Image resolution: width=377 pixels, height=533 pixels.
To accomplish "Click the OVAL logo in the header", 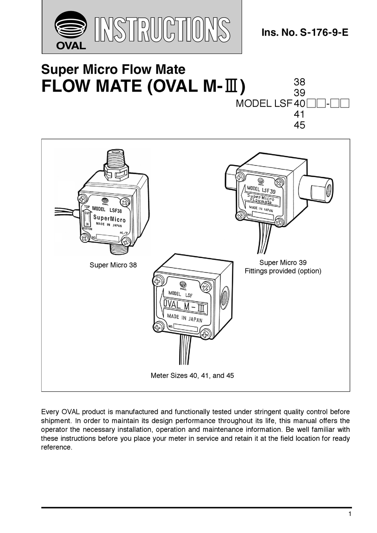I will tap(71, 30).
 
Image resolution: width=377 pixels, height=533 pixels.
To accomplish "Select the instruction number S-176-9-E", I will tap(304, 33).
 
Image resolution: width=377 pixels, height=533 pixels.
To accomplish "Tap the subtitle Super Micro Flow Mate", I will tap(113, 70).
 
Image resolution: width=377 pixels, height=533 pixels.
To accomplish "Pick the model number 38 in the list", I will tap(299, 82).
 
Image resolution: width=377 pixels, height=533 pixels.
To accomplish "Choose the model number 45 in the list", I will tap(299, 125).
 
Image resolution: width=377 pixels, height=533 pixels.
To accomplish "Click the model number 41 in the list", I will tap(299, 115).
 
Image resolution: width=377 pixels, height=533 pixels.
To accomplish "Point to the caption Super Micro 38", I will tap(113, 265).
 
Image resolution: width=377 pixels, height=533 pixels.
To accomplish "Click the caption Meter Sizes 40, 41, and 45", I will tap(192, 375).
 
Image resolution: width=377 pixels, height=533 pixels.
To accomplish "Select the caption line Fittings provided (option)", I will tap(283, 271).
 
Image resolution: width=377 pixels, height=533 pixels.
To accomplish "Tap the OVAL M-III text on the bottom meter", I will tap(185, 306).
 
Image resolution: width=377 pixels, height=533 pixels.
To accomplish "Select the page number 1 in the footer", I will tap(349, 514).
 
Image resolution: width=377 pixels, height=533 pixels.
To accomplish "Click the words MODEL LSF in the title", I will tap(264, 104).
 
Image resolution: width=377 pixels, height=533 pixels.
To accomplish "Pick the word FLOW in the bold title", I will tap(66, 87).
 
